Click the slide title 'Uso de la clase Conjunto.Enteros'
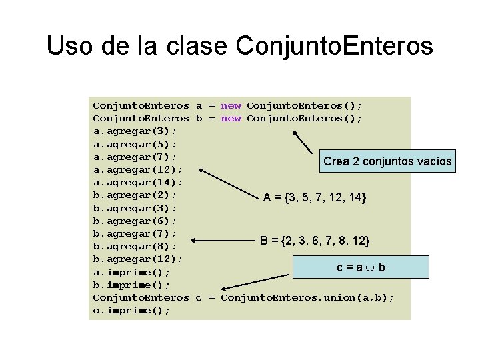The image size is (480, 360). pyautogui.click(x=240, y=46)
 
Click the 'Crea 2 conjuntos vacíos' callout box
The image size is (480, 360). pyautogui.click(x=387, y=161)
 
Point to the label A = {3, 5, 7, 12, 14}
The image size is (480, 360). pyautogui.click(x=315, y=197)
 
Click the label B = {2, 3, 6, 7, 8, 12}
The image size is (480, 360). pyautogui.click(x=315, y=240)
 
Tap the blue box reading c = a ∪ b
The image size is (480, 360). pyautogui.click(x=361, y=267)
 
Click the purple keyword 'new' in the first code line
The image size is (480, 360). pyautogui.click(x=231, y=105)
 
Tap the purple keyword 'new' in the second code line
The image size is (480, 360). pyautogui.click(x=231, y=119)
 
